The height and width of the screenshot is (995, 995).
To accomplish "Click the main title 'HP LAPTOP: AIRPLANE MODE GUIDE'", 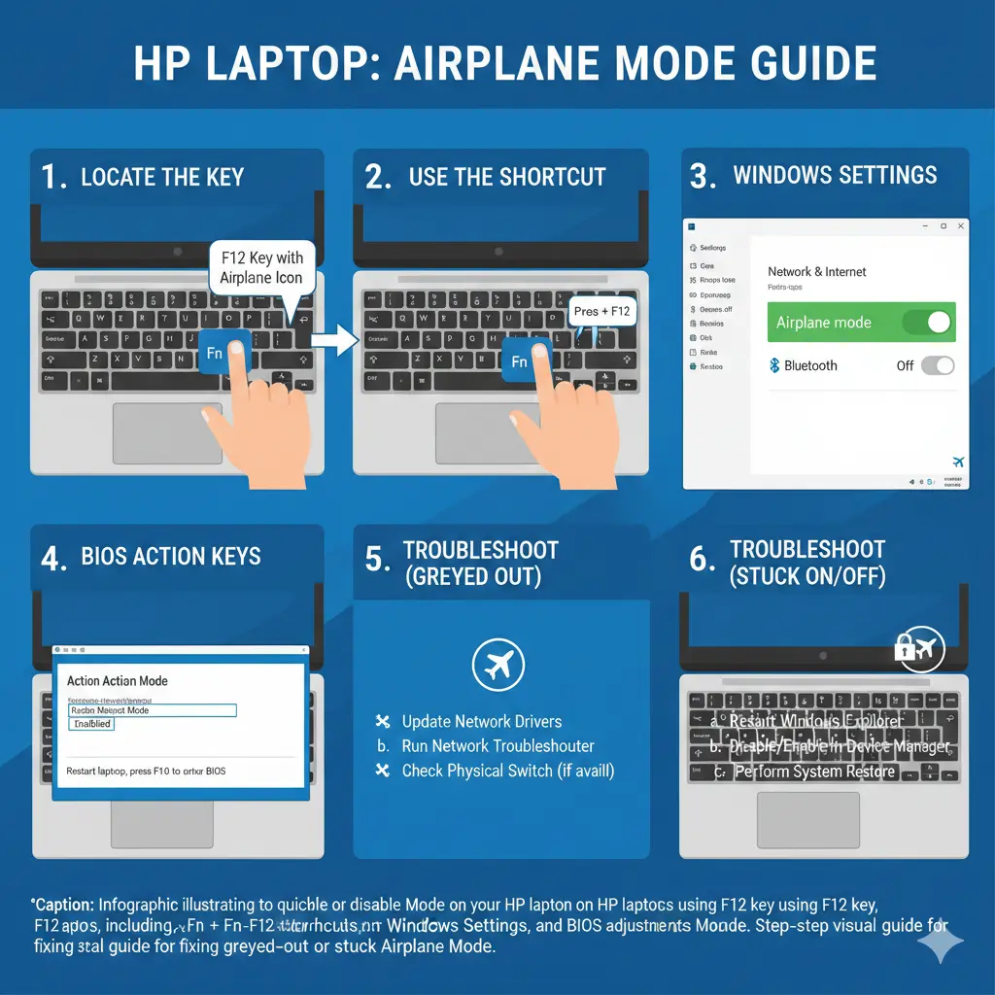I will (504, 63).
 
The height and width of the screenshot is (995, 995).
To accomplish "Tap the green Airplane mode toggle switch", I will (928, 323).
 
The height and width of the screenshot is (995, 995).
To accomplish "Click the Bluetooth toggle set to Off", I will (938, 365).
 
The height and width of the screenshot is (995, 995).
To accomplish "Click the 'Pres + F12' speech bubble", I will (600, 312).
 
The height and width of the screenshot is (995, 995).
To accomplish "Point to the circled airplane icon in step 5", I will (497, 666).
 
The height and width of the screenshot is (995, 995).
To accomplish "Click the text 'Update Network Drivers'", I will (482, 721).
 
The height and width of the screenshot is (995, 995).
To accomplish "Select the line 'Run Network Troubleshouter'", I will (497, 746).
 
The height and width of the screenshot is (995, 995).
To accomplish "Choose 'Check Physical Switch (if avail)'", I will (508, 771).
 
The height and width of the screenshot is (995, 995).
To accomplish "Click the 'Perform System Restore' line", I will (814, 772).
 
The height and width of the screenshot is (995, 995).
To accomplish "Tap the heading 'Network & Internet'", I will (816, 272).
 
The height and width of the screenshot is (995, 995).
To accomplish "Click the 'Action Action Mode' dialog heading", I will (118, 681).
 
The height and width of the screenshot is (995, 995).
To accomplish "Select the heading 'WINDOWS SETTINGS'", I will (835, 176).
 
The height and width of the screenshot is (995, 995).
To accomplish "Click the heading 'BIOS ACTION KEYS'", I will (171, 557).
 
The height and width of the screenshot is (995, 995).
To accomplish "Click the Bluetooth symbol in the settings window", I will (774, 365).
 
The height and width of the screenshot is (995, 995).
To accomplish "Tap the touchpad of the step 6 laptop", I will (807, 818).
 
